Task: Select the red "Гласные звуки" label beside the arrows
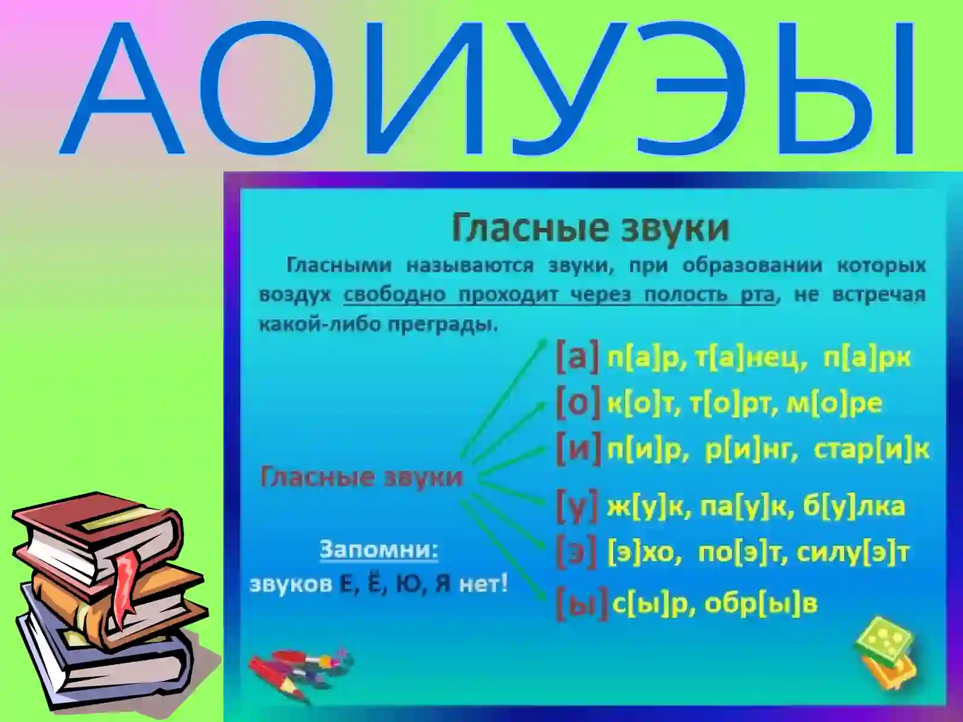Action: (362, 477)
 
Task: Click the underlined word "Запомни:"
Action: (379, 549)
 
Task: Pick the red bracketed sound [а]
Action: (577, 357)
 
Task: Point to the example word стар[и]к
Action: (871, 449)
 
